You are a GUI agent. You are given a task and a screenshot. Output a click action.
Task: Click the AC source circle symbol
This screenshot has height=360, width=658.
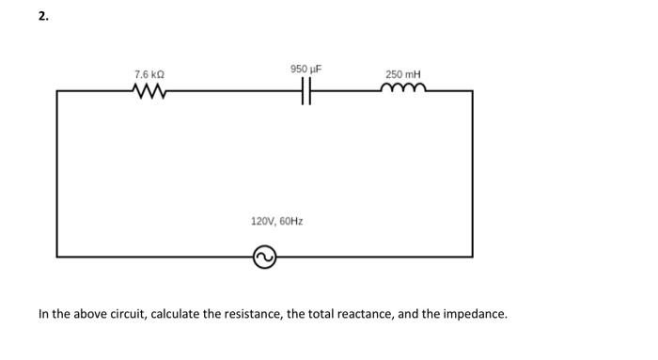pos(264,256)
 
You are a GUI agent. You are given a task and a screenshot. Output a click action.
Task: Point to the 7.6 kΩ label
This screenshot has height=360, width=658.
pos(150,73)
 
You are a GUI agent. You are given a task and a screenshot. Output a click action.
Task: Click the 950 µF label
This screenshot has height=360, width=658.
pos(306,69)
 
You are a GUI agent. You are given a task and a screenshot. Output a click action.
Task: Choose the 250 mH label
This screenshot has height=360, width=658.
pos(403,73)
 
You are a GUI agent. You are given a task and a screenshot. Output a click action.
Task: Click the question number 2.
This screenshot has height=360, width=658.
pos(42,16)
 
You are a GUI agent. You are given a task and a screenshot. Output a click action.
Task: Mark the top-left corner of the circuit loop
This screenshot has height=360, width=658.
pos(57,91)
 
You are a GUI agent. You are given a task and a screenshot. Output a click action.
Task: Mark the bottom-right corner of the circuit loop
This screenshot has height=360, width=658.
pos(472,256)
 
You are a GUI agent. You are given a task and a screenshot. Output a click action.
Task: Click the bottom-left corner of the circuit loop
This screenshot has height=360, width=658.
pos(57,256)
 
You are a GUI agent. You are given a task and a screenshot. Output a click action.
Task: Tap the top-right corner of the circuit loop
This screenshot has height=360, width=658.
pos(472,91)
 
